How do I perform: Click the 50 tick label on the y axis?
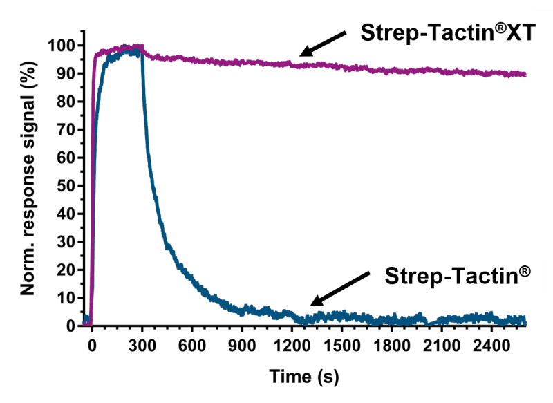point(64,185)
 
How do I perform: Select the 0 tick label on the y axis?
point(70,325)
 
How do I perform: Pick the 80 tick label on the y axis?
point(64,102)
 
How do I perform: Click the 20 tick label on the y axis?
point(64,270)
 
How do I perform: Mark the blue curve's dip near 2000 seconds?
point(430,323)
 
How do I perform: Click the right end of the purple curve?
point(524,75)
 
